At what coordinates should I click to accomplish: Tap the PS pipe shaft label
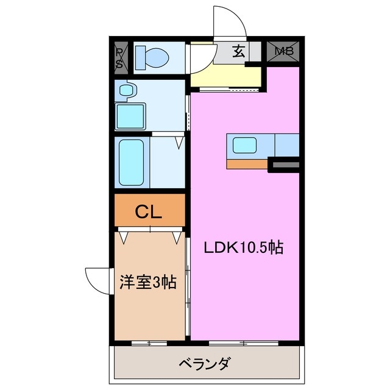pos(119,58)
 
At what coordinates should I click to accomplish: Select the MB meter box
pos(284,51)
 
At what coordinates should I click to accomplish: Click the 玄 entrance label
pos(238,52)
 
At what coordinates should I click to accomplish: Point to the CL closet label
pos(148,212)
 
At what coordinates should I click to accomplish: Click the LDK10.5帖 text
pos(243,248)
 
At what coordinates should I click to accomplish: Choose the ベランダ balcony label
pos(205,364)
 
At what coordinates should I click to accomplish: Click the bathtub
pos(131,161)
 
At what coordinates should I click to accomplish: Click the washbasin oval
pos(126,91)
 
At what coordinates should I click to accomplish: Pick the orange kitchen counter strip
pos(247,163)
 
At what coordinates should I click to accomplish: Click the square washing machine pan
pos(130,115)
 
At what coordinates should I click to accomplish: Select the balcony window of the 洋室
pos(149,344)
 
